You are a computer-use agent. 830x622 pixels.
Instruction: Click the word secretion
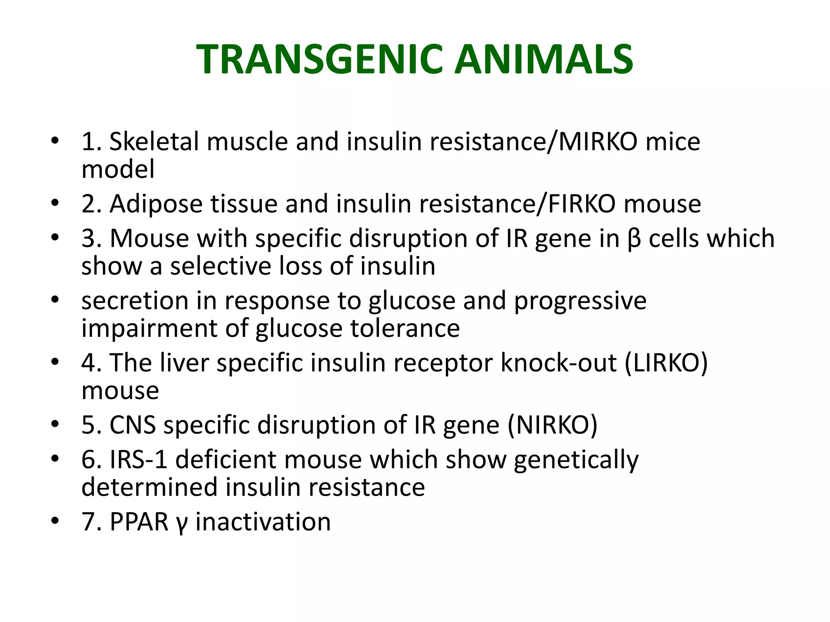point(135,301)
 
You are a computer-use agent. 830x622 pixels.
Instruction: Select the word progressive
point(580,302)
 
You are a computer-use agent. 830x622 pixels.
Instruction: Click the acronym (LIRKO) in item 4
point(666,363)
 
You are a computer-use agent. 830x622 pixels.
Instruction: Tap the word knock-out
point(559,363)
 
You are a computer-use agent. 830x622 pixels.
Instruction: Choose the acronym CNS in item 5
point(133,425)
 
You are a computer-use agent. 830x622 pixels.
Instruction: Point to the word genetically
point(576,461)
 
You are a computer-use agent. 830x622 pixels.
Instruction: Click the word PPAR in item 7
point(139,522)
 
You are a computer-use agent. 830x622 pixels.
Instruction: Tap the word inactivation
point(263,522)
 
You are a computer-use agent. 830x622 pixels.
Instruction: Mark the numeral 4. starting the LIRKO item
point(92,363)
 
